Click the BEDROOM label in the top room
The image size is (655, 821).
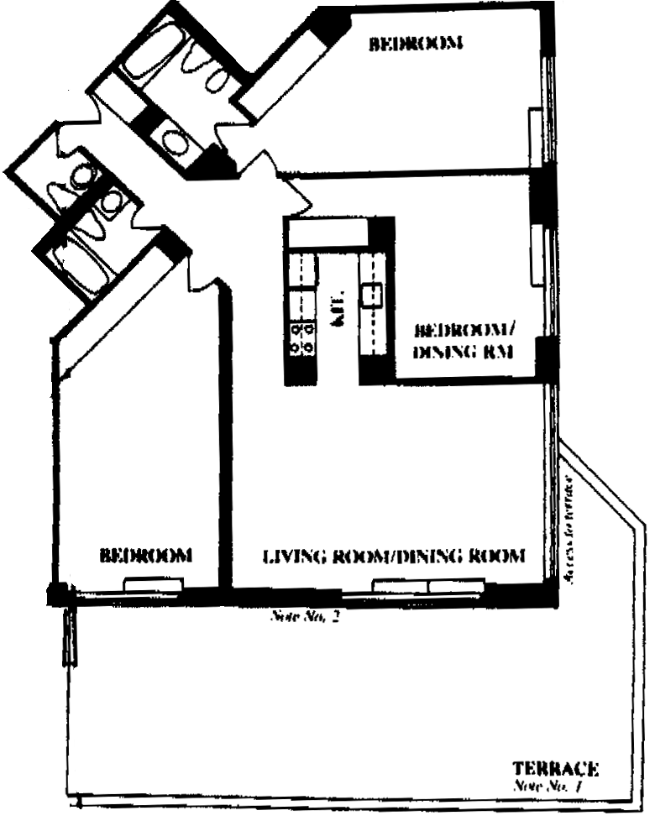click(x=417, y=44)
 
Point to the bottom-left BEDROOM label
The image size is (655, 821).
click(x=146, y=555)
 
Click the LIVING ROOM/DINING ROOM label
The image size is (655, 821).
click(x=394, y=556)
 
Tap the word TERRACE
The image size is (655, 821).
click(x=555, y=767)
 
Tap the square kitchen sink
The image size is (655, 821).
click(x=371, y=295)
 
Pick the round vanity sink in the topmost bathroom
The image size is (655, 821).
click(x=175, y=140)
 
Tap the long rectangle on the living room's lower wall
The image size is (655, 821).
click(x=428, y=585)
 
